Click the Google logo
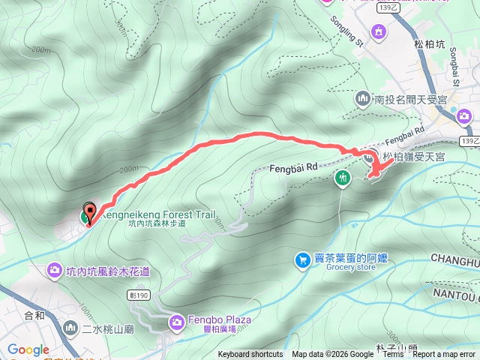28,349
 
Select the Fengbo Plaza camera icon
176,322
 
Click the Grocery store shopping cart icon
303,260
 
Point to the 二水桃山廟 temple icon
70,328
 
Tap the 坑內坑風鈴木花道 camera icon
54,269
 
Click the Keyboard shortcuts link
250,355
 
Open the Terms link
393,355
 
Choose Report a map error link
444,355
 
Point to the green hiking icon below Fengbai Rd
343,178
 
